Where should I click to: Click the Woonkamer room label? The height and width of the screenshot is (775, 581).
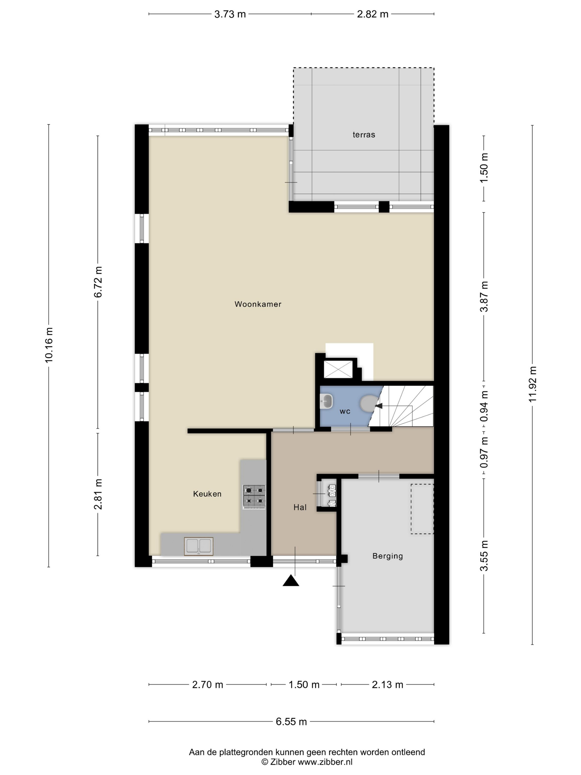coord(258,304)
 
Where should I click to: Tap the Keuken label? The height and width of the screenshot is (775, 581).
coord(207,494)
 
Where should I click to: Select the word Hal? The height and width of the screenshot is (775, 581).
coord(300,507)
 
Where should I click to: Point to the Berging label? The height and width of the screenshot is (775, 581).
coord(387,556)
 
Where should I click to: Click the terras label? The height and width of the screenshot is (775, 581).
coord(364,135)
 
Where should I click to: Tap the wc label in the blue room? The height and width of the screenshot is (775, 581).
coord(345,411)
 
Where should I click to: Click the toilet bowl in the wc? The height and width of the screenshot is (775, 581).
coord(369,404)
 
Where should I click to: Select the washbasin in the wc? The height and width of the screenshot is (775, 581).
coord(326,401)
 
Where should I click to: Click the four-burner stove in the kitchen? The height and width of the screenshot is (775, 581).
coord(254,497)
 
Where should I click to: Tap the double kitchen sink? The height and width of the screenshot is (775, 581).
coord(199,546)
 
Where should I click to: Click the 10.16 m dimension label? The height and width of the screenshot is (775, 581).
coord(49,345)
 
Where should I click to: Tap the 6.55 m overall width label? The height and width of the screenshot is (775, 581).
coord(291,721)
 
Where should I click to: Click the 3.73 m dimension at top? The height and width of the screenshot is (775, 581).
coord(230,14)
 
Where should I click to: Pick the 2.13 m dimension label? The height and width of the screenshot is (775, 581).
coord(387,684)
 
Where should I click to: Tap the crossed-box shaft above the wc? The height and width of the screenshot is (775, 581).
coord(338,369)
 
